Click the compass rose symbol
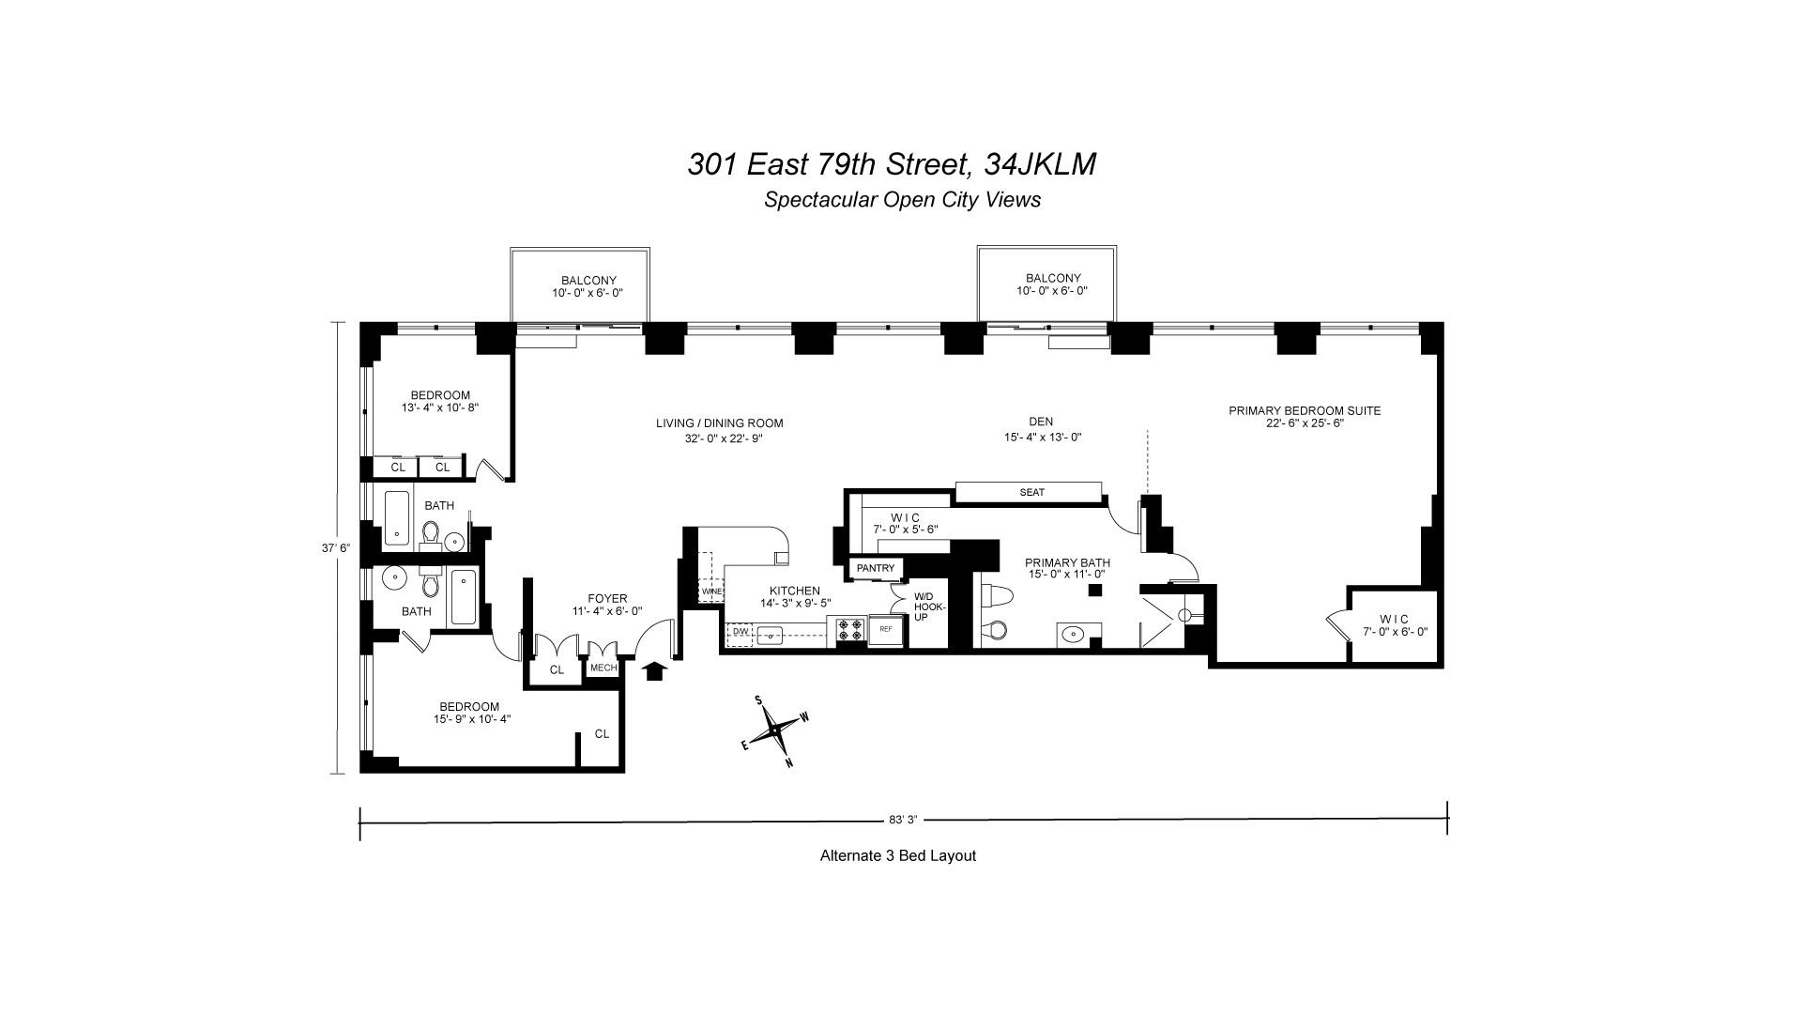pyautogui.click(x=775, y=730)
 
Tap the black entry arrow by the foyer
pyautogui.click(x=655, y=669)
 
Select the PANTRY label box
pyautogui.click(x=877, y=568)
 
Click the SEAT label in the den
pyautogui.click(x=1031, y=492)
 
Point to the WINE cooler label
pyautogui.click(x=711, y=592)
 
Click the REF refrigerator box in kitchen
pyautogui.click(x=885, y=630)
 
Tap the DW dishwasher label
pyautogui.click(x=741, y=632)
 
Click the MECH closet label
pyautogui.click(x=603, y=668)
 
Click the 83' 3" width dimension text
pyautogui.click(x=902, y=820)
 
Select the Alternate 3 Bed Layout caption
pyautogui.click(x=898, y=855)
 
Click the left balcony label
pyautogui.click(x=588, y=286)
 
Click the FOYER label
pyautogui.click(x=607, y=599)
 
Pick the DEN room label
pyautogui.click(x=1041, y=422)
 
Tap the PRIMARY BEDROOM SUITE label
pyautogui.click(x=1305, y=410)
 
